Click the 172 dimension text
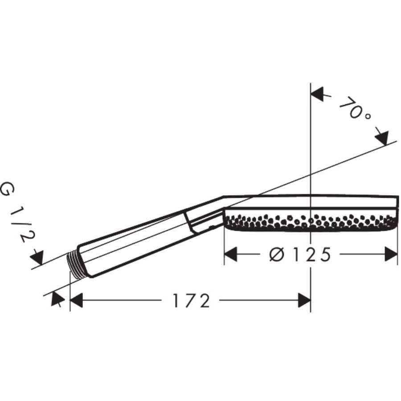coord(191,301)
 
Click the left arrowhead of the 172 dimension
coord(77,300)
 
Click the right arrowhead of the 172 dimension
coord(304,300)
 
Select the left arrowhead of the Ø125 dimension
coord(231,254)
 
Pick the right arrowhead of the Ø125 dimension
coord(391,254)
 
